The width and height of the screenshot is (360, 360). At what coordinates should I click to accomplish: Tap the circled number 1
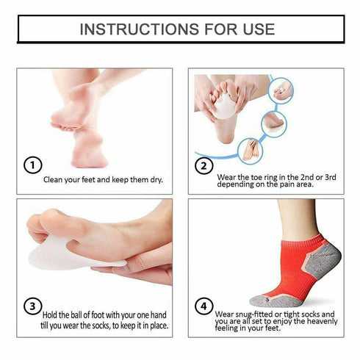pyautogui.click(x=32, y=165)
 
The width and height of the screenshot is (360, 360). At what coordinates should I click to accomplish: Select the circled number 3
pyautogui.click(x=32, y=306)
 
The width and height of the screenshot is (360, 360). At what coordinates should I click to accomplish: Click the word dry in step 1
pyautogui.click(x=154, y=179)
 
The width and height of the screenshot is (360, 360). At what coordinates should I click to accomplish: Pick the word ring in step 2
pyautogui.click(x=276, y=176)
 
